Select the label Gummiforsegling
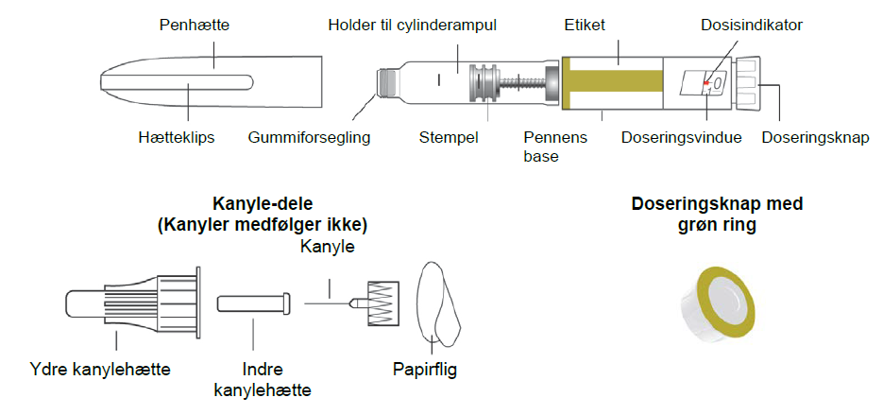[310, 137]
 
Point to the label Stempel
[449, 137]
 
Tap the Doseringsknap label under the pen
[814, 137]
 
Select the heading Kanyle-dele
[262, 204]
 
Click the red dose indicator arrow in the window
[705, 84]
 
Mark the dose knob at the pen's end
[751, 84]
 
